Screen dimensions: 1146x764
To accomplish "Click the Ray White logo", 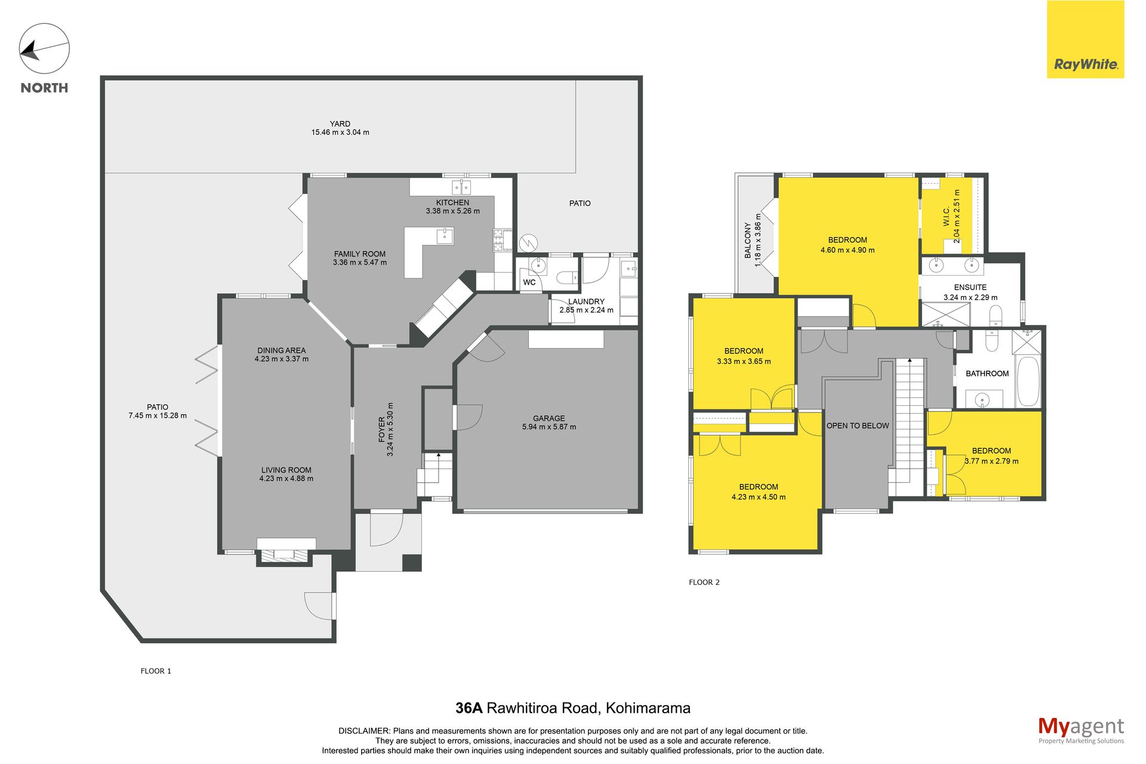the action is pyautogui.click(x=1085, y=39).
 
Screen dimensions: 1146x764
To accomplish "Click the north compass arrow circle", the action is pyautogui.click(x=44, y=49).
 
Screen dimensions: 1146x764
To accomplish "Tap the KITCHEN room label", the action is pyautogui.click(x=452, y=203).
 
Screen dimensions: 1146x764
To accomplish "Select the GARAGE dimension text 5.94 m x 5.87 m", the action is pyautogui.click(x=549, y=427).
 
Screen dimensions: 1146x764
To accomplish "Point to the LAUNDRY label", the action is pyautogui.click(x=586, y=302).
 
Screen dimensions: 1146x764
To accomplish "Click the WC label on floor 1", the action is pyautogui.click(x=529, y=283).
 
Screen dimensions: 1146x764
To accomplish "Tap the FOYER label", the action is pyautogui.click(x=382, y=429).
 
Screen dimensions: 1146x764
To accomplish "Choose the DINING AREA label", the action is pyautogui.click(x=282, y=351).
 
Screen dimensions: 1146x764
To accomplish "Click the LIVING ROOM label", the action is pyautogui.click(x=286, y=470).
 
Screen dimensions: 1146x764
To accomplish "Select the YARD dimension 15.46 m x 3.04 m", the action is pyautogui.click(x=340, y=133).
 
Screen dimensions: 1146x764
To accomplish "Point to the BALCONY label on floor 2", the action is pyautogui.click(x=747, y=241).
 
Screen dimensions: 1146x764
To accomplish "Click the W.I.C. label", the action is pyautogui.click(x=947, y=216).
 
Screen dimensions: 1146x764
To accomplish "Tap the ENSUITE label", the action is pyautogui.click(x=971, y=288).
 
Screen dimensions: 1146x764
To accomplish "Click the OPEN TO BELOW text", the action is pyautogui.click(x=858, y=426).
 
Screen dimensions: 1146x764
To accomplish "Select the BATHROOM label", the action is pyautogui.click(x=987, y=374).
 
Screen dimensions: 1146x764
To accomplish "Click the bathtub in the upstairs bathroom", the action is pyautogui.click(x=1028, y=381).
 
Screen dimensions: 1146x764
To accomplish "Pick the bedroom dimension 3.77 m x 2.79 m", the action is pyautogui.click(x=992, y=461).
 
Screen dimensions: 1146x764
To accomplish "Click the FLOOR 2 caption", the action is pyautogui.click(x=704, y=583).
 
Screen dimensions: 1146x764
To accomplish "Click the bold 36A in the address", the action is pyautogui.click(x=469, y=708).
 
